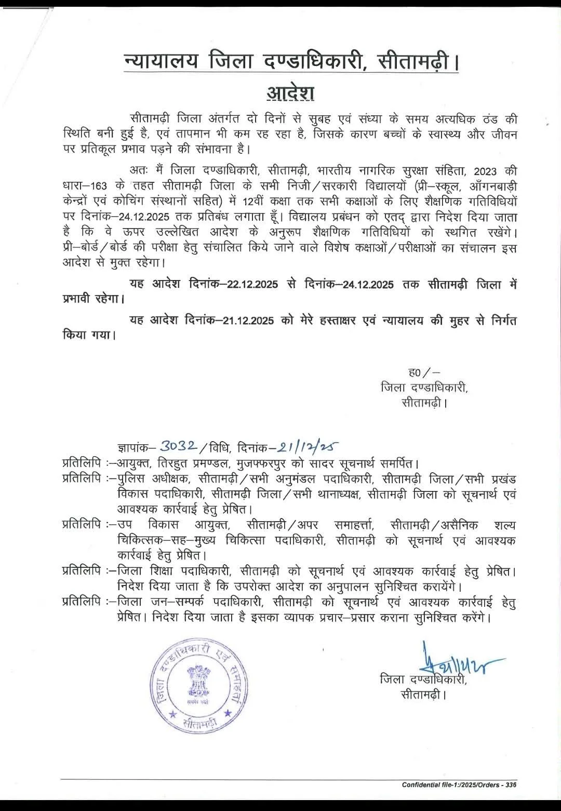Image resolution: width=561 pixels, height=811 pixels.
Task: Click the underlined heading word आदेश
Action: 290,93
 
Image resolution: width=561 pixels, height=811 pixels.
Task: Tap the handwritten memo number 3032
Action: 178,446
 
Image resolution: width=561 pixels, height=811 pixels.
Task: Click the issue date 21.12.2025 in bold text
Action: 248,321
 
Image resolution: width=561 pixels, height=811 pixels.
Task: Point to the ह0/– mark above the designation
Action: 424,372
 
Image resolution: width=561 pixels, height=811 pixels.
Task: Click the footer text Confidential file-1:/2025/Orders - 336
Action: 459,785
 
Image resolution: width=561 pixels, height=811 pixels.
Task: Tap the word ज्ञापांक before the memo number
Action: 136,447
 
